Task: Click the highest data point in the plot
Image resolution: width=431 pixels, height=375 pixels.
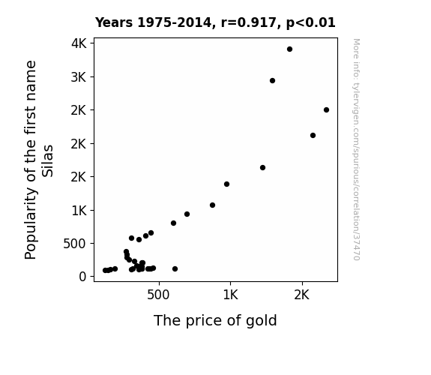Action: (x=289, y=49)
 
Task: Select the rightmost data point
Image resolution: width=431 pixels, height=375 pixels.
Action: (x=326, y=109)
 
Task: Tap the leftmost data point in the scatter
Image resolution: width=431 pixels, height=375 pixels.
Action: (x=105, y=271)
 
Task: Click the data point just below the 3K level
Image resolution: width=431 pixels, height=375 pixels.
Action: (x=272, y=80)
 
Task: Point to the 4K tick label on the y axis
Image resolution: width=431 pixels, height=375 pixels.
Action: (x=79, y=43)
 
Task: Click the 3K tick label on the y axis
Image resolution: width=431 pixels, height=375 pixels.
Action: (x=79, y=77)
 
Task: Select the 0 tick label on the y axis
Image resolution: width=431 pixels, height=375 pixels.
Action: (x=82, y=277)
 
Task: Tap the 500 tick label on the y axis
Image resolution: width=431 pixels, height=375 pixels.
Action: (x=75, y=244)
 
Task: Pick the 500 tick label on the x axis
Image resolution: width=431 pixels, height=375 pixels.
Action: (x=158, y=295)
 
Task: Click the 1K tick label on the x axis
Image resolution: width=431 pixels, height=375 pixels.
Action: (x=230, y=295)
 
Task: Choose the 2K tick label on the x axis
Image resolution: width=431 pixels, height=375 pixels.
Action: (x=302, y=295)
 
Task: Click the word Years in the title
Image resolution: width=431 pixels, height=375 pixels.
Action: (x=114, y=22)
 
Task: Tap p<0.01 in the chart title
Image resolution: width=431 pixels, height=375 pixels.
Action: (x=311, y=22)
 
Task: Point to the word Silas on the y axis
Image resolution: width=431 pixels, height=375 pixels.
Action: (x=47, y=161)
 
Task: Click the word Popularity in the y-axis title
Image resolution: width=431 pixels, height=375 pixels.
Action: (x=30, y=223)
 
